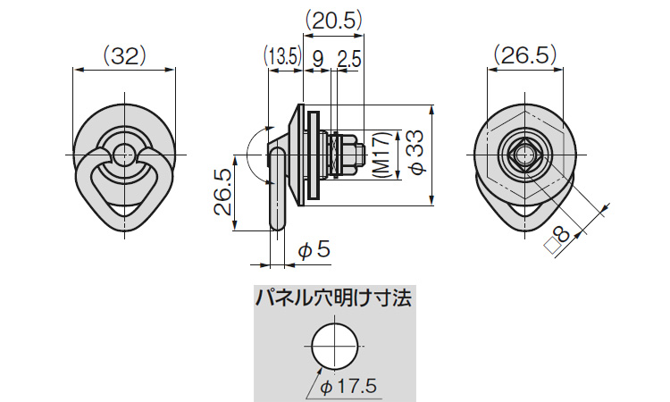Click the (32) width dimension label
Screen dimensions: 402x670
[x=125, y=55]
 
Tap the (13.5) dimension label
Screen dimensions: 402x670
[x=281, y=56]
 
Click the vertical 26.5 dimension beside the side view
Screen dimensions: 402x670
[x=223, y=192]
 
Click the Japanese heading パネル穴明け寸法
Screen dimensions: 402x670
[x=334, y=297]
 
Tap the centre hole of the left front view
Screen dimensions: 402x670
[x=125, y=155]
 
